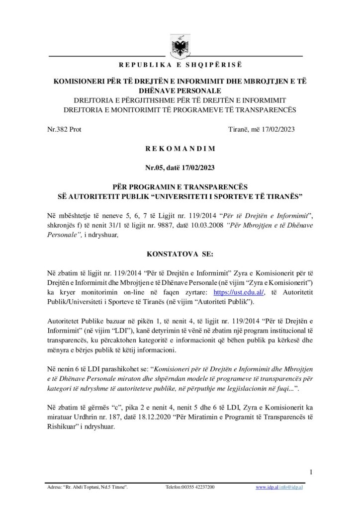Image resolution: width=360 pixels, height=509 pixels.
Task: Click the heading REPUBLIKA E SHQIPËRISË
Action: (x=180, y=66)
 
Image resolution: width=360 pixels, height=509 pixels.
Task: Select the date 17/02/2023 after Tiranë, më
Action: (x=277, y=129)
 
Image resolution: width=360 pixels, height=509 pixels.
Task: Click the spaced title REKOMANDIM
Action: (x=180, y=148)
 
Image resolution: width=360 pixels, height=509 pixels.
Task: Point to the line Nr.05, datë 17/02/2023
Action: (x=180, y=168)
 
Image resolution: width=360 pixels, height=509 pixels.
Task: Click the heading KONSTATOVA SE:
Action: (x=180, y=254)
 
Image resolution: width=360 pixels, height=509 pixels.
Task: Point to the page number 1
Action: (x=310, y=472)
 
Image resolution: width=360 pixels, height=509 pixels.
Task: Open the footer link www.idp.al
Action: (x=267, y=488)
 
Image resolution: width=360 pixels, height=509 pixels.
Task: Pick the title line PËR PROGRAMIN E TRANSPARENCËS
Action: (x=180, y=187)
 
